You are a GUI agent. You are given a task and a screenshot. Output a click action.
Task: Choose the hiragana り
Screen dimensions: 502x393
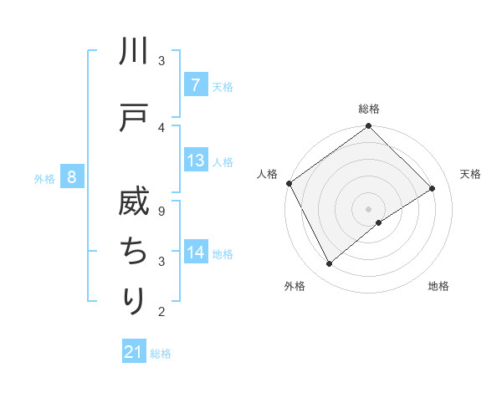(x=134, y=300)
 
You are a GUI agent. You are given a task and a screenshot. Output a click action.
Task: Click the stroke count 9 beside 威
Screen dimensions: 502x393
(x=161, y=212)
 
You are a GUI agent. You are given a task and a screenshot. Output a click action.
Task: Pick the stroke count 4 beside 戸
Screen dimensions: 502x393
(x=161, y=127)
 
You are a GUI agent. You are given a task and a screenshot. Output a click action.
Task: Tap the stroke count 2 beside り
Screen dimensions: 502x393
(x=161, y=313)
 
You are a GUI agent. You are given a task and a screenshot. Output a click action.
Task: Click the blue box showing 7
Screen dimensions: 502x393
(x=195, y=85)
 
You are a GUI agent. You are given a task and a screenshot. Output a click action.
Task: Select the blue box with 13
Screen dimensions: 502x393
(x=195, y=161)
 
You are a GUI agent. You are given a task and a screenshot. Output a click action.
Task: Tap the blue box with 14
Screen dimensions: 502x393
(x=195, y=253)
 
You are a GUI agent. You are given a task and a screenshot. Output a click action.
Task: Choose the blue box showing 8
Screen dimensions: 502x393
(x=72, y=177)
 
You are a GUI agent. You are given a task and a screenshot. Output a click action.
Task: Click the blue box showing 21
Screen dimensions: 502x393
(x=133, y=352)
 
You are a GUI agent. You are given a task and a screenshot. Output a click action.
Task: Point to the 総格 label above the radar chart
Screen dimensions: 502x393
(x=369, y=109)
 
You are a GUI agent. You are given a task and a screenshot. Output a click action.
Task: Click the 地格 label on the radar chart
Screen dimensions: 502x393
(x=438, y=286)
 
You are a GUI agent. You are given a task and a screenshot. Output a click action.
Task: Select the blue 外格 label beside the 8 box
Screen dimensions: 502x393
(x=44, y=178)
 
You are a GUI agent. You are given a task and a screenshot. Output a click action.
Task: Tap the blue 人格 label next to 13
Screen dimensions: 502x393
(x=223, y=161)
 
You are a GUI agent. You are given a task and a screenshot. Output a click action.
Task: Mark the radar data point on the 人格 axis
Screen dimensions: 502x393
(x=289, y=183)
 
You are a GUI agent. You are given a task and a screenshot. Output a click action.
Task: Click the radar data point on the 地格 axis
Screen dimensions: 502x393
(x=379, y=222)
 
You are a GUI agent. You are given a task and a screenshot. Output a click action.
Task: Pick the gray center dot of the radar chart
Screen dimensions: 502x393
(x=368, y=208)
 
